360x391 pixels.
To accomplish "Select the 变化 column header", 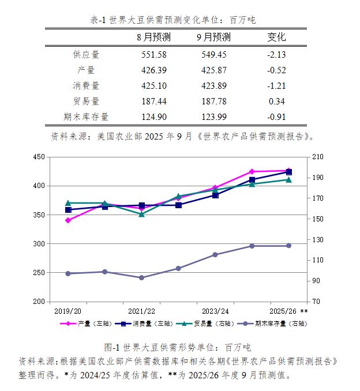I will (x=276, y=37).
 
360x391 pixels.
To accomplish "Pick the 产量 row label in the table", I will (x=86, y=70).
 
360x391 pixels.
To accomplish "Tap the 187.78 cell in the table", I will (x=213, y=101).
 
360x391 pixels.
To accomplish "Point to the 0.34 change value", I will (x=277, y=101).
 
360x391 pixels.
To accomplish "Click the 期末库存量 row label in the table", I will (x=86, y=117).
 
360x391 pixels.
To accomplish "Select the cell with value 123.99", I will (x=213, y=117).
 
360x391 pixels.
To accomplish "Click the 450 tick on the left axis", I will (x=39, y=157).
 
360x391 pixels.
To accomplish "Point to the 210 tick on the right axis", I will (x=318, y=157).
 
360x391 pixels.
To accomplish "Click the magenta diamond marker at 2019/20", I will (x=68, y=220).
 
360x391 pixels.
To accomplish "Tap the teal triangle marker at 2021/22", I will (x=141, y=214).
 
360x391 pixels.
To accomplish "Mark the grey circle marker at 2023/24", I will (x=215, y=254).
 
